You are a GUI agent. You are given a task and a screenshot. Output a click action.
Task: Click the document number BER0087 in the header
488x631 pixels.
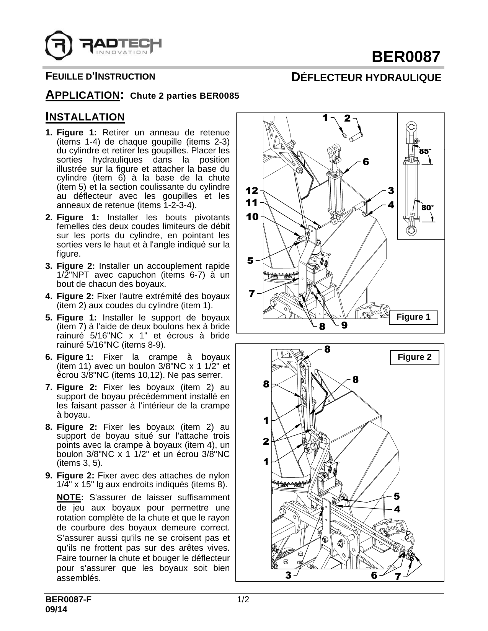click(407, 57)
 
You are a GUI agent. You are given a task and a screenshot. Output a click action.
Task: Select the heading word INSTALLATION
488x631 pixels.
click(85, 117)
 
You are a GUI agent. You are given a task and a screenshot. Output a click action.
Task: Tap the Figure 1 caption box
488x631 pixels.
click(413, 317)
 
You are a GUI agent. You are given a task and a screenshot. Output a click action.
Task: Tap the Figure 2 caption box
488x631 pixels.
click(414, 357)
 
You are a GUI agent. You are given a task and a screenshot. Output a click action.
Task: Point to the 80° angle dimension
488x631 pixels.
click(427, 208)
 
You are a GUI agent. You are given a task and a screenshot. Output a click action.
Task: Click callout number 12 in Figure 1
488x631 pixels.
click(252, 190)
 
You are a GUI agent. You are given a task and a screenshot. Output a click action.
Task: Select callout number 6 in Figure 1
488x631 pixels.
click(366, 162)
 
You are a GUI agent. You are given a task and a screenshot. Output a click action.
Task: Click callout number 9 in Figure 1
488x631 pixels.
click(344, 325)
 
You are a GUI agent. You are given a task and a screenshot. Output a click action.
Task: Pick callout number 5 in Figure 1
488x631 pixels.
click(250, 260)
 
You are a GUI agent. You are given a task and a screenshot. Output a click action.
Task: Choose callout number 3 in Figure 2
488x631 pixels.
click(288, 575)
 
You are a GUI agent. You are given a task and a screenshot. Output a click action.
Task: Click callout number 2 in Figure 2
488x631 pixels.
click(266, 441)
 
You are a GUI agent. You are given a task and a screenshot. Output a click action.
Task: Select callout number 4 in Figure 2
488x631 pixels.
click(397, 509)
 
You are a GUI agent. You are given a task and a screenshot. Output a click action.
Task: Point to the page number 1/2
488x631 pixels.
click(243, 599)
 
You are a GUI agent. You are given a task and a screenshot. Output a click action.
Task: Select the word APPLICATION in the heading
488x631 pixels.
click(82, 94)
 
